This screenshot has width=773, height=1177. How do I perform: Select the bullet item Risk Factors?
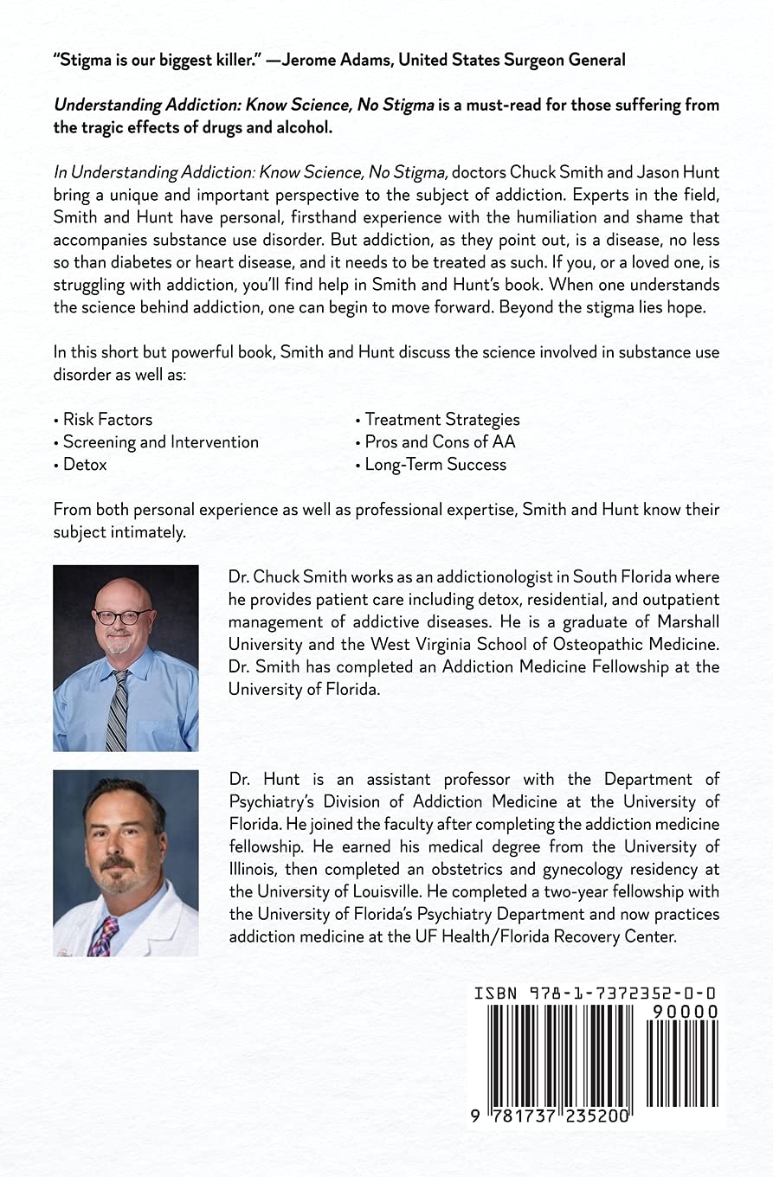tap(106, 420)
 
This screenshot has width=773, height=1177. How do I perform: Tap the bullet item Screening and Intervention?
tap(160, 442)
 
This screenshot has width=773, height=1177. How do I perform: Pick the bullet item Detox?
tap(84, 465)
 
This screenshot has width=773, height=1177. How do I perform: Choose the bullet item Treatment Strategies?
tap(441, 420)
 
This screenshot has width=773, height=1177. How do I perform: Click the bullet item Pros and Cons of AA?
tap(439, 442)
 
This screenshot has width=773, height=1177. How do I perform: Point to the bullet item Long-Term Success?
tap(435, 465)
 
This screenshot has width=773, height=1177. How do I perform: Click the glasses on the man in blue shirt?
tap(123, 617)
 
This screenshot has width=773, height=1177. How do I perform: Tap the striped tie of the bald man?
tap(117, 710)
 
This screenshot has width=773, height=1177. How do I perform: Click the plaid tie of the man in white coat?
tap(105, 937)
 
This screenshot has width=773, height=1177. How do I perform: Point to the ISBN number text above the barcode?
tap(595, 994)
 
